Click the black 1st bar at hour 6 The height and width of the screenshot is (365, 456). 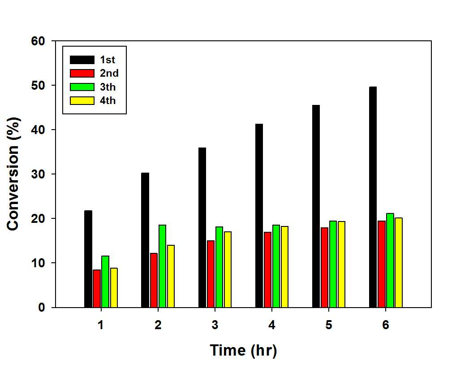click(373, 197)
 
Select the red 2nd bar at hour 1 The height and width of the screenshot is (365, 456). click(97, 288)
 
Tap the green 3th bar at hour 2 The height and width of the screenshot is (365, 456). click(162, 266)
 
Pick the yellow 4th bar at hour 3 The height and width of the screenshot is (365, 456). click(228, 269)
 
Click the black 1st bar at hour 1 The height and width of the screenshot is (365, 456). click(88, 259)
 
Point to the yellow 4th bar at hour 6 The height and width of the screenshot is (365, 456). click(399, 263)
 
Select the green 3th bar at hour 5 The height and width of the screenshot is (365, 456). click(333, 264)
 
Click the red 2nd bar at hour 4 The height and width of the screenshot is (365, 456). click(267, 269)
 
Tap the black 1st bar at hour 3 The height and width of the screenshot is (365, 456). click(202, 227)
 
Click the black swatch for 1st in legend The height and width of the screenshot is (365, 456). click(82, 60)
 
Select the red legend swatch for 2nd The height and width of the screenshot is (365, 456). click(82, 74)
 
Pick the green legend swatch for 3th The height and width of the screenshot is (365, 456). click(82, 87)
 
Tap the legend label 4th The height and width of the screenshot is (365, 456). click(108, 101)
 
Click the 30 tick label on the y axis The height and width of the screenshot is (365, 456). click(38, 174)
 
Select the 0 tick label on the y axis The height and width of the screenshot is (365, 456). click(42, 307)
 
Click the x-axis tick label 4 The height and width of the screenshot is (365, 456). click(271, 325)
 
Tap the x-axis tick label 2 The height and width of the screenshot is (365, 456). click(158, 325)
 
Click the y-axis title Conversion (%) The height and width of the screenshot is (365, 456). click(13, 174)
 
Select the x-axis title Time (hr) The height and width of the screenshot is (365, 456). click(243, 350)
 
